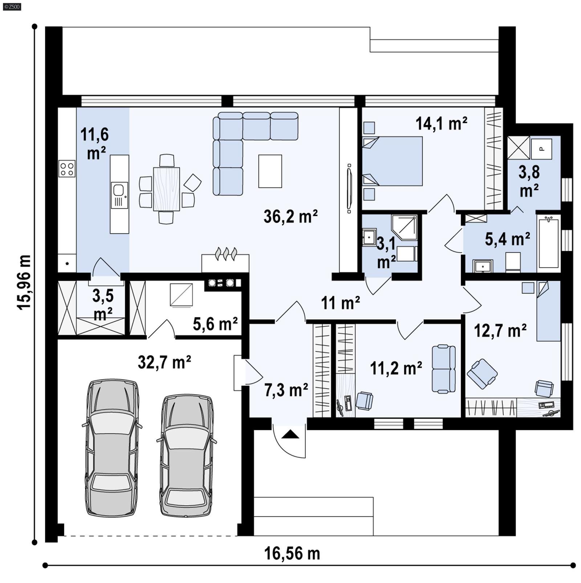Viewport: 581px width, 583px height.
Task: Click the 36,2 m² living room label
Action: [290, 217]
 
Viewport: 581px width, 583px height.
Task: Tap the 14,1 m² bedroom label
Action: [441, 124]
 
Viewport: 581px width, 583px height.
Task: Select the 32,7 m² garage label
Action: [164, 362]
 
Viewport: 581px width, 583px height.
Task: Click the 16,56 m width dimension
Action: [292, 554]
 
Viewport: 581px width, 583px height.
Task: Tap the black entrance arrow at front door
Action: [290, 434]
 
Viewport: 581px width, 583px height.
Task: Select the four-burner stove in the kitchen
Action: [67, 169]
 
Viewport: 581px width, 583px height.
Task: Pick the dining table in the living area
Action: [166, 189]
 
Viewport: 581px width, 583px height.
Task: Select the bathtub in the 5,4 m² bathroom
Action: [548, 242]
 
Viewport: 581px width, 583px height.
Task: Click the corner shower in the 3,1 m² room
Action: [404, 227]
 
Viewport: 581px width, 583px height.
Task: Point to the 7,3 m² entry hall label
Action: [286, 390]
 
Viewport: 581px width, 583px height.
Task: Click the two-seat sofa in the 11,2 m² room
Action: [443, 369]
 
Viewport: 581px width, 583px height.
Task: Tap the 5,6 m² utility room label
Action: [215, 323]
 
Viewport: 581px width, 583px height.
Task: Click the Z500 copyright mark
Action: [12, 6]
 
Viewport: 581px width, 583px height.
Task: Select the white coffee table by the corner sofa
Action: [270, 171]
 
